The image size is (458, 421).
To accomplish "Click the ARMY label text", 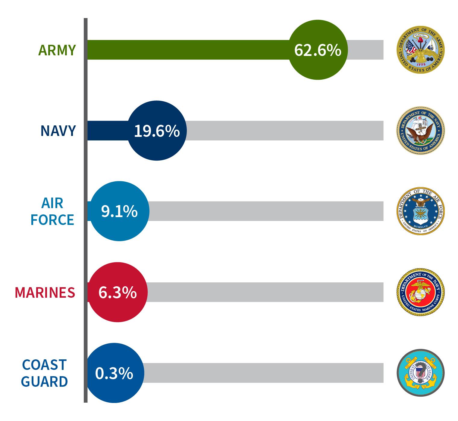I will pyautogui.click(x=57, y=50).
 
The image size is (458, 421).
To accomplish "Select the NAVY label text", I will pyautogui.click(x=58, y=131).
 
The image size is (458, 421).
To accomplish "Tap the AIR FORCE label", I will pyautogui.click(x=52, y=211).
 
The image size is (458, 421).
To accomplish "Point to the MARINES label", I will pyautogui.click(x=45, y=292).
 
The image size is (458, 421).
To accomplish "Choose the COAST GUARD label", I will pyautogui.click(x=44, y=373).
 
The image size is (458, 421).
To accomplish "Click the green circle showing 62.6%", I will pyautogui.click(x=318, y=50).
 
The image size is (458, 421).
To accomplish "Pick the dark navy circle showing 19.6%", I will pyautogui.click(x=157, y=131).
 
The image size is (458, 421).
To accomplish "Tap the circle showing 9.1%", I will pyautogui.click(x=119, y=211).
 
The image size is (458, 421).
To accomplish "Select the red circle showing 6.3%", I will pyautogui.click(x=118, y=292).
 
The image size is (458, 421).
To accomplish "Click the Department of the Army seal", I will pyautogui.click(x=420, y=50).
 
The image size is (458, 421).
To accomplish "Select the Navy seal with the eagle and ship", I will pyautogui.click(x=420, y=131).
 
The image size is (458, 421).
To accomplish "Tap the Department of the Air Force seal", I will pyautogui.click(x=420, y=211).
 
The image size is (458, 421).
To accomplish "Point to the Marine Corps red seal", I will pyautogui.click(x=420, y=292).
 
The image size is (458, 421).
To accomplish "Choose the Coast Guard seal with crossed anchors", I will pyautogui.click(x=420, y=373).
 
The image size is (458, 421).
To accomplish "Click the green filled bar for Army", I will pyautogui.click(x=187, y=50).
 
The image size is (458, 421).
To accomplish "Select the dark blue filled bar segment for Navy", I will pyautogui.click(x=107, y=131).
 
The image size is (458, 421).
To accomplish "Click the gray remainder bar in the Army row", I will pyautogui.click(x=365, y=50).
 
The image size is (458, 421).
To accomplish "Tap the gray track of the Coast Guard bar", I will pyautogui.click(x=262, y=373).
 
